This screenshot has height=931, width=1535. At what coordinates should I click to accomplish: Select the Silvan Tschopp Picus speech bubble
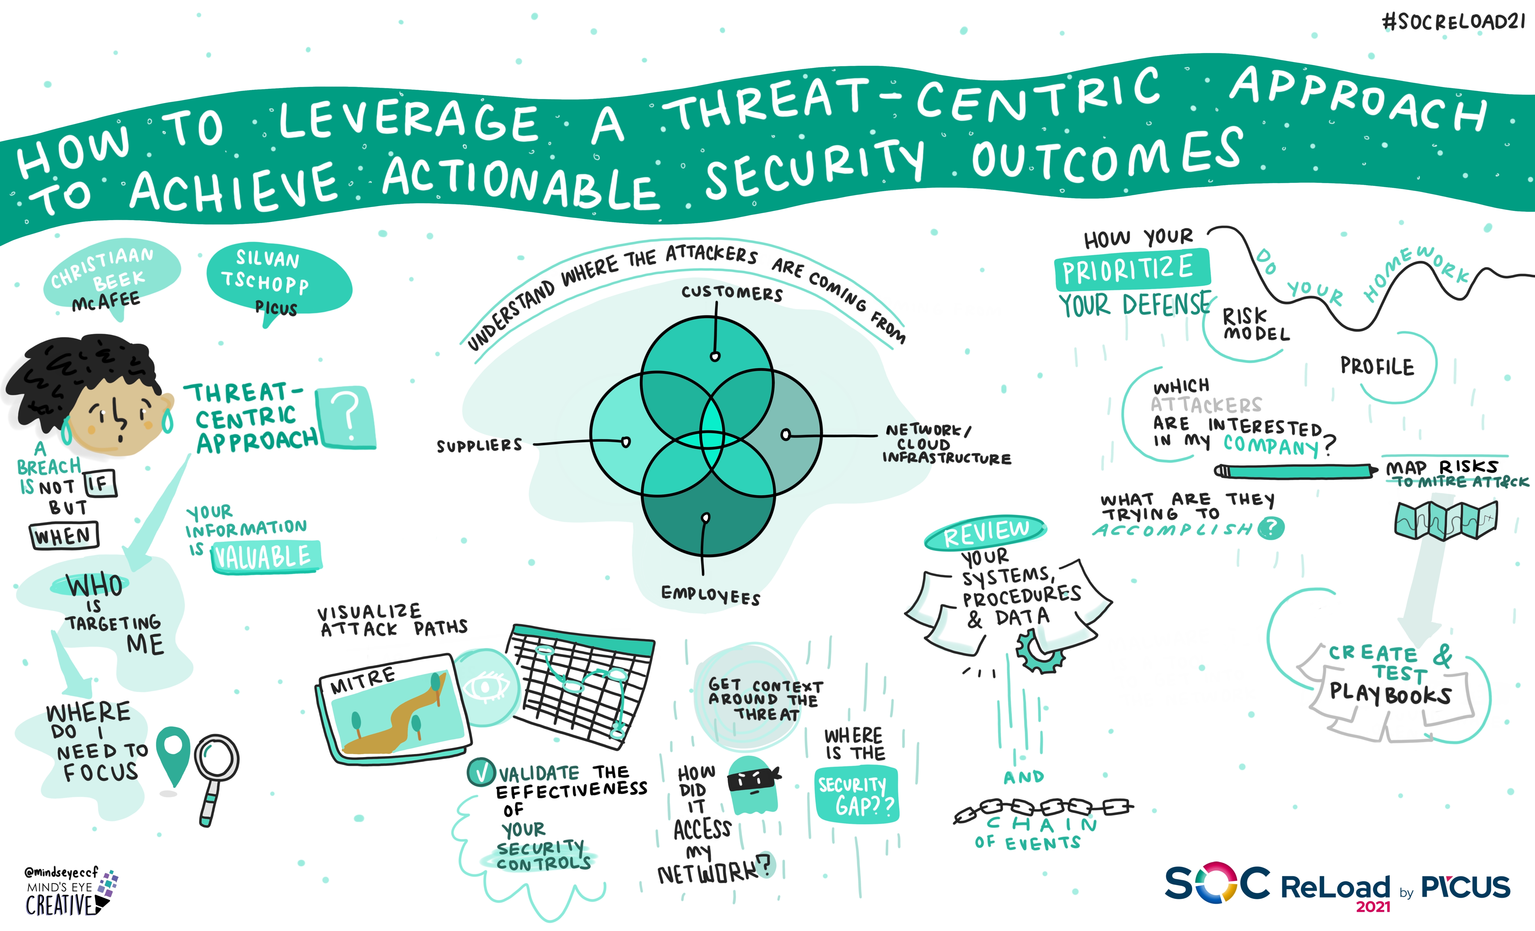tap(278, 281)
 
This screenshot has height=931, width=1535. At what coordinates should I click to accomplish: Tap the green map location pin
tap(173, 757)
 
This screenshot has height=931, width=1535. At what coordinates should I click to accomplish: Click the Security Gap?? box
tap(857, 795)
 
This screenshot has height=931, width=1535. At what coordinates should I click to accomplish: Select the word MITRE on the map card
tap(362, 680)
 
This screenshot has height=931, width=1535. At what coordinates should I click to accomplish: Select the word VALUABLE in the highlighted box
tap(264, 556)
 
